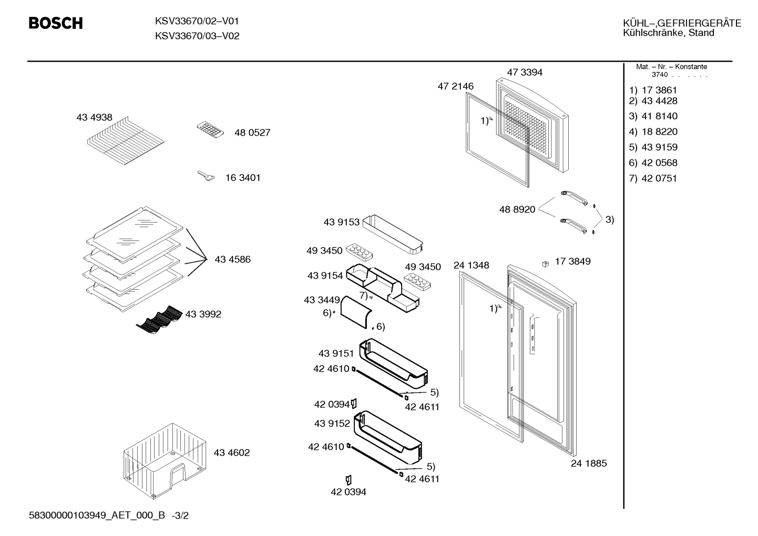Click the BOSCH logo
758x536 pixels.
tap(56, 23)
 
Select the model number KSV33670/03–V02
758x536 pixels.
tap(197, 36)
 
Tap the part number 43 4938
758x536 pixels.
tap(94, 117)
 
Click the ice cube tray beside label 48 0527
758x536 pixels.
tap(210, 130)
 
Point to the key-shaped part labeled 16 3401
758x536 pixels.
tap(206, 176)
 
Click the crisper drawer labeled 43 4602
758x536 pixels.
tap(165, 461)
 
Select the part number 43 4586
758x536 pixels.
tap(232, 259)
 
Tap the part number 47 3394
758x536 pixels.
tap(525, 72)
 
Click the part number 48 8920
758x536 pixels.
tap(517, 209)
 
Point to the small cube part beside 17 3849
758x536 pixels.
tap(545, 264)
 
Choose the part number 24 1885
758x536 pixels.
tap(589, 463)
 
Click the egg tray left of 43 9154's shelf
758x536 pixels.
tap(359, 251)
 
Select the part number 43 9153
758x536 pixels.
tap(342, 222)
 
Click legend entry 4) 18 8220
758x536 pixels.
tap(653, 132)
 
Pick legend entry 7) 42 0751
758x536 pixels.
tap(653, 178)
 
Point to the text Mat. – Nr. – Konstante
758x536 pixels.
tap(671, 67)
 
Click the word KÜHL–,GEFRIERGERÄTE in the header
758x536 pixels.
tap(682, 23)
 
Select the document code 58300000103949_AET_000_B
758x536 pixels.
tap(97, 515)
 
